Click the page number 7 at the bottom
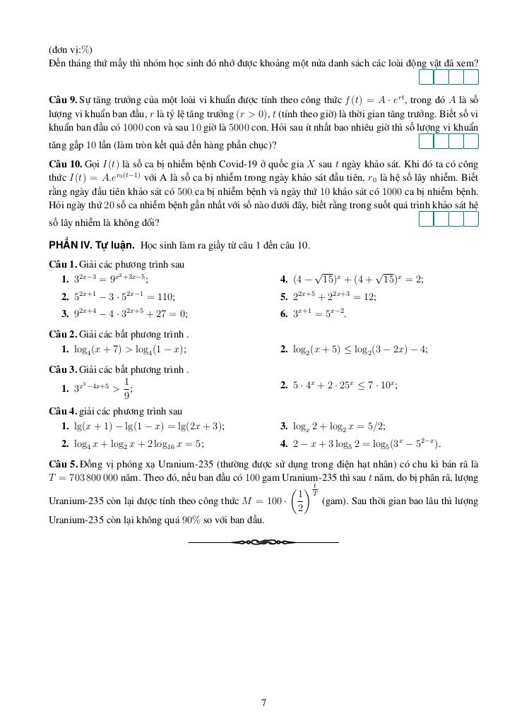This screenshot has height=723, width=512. point(263,702)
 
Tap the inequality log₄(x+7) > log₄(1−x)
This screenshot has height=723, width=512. point(131,349)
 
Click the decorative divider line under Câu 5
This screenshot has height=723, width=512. point(263,542)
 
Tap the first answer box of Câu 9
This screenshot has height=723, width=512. point(427,141)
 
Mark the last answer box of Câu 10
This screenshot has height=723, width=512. point(471,219)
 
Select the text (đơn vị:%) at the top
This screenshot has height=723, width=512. point(71,49)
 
